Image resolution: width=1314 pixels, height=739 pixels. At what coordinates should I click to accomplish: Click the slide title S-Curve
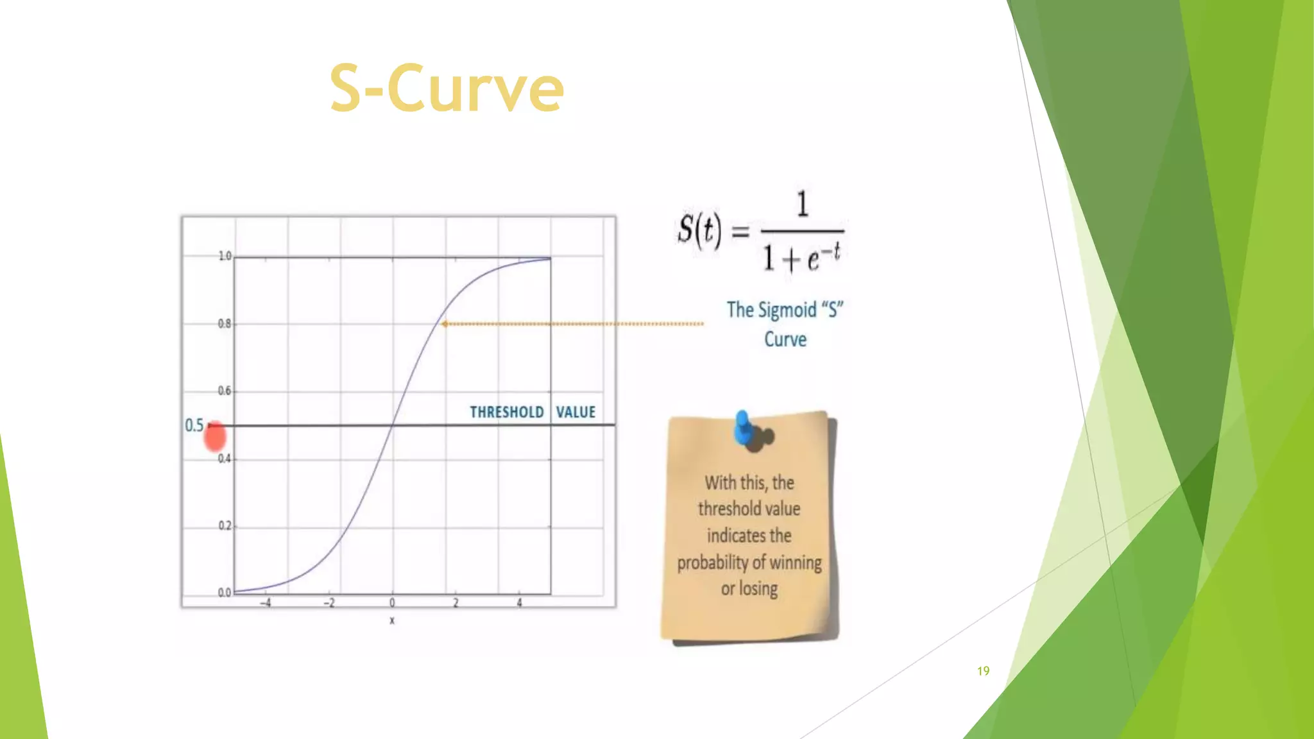click(447, 89)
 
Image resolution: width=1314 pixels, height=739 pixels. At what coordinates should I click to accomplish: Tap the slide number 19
click(983, 671)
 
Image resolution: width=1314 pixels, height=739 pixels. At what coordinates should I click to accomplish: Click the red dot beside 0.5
click(215, 436)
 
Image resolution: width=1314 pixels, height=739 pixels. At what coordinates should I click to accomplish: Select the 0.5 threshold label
click(194, 425)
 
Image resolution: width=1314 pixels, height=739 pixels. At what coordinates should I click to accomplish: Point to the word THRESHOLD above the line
click(506, 412)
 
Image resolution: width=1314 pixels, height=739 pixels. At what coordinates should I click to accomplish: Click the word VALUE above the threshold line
click(576, 412)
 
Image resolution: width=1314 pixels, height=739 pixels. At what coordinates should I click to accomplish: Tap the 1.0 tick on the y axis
click(225, 257)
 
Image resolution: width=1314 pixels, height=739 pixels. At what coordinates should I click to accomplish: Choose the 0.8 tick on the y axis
click(224, 324)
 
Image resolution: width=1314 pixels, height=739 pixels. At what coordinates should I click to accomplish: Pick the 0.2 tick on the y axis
click(225, 526)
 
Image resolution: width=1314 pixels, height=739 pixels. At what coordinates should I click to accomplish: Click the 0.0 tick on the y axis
click(224, 593)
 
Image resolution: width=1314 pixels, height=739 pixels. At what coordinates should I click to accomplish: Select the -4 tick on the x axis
click(265, 603)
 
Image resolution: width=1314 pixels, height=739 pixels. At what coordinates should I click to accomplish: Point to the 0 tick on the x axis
click(392, 603)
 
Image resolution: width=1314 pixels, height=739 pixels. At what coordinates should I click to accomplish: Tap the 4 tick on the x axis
click(519, 603)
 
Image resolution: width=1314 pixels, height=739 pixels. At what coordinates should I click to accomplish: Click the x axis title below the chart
click(392, 620)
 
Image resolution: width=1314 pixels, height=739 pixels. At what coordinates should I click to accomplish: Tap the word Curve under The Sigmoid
click(785, 339)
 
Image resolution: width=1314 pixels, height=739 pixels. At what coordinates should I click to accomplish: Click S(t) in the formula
click(699, 230)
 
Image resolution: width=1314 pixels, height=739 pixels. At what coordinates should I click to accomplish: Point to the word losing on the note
click(758, 589)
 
